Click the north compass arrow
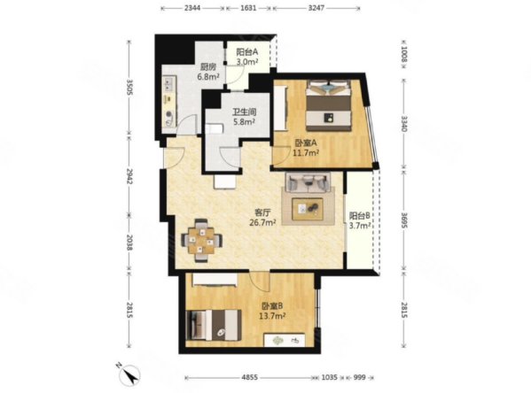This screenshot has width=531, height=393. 129,373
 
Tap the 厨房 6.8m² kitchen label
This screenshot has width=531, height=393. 208,72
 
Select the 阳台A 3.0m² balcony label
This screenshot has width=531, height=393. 247,57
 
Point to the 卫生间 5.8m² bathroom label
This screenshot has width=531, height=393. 244,117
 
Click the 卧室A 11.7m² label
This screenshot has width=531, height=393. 306,148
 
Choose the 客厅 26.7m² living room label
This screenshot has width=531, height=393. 262,218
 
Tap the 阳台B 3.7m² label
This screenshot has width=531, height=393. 359,220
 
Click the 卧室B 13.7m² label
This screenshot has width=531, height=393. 272,312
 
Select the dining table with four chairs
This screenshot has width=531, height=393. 202,241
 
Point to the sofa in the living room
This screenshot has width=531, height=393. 308,183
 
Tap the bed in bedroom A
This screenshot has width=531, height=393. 328,104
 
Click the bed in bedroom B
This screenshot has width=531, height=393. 214,325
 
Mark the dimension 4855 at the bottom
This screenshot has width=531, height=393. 250,377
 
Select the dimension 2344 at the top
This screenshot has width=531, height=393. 192,8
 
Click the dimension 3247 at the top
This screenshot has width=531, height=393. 316,8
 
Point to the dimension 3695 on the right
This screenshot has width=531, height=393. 404,220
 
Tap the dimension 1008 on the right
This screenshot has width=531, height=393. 404,55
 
